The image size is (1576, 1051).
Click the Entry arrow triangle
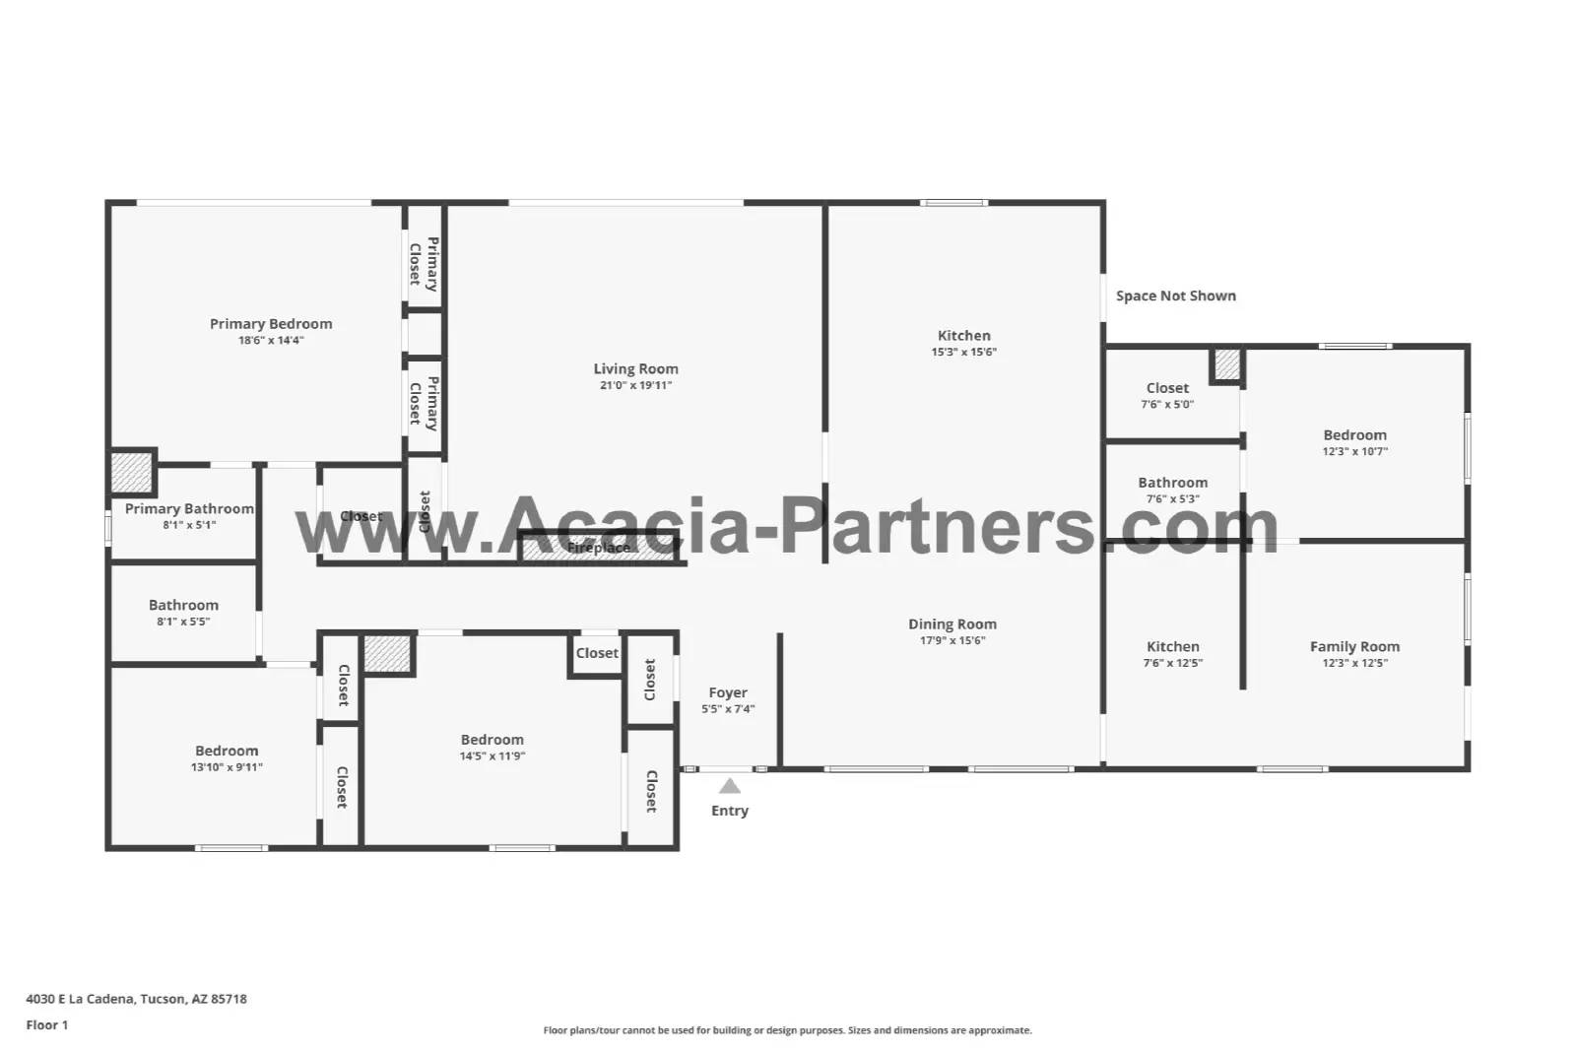coord(729,786)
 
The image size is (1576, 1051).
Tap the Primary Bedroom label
coord(271,324)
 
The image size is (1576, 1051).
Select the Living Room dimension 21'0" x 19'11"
coord(635,386)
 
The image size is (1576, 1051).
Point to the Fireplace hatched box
coord(599,548)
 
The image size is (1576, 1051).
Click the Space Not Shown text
coord(1175,296)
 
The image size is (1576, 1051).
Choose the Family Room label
coord(1354,647)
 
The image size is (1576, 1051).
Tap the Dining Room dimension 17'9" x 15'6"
coord(952,640)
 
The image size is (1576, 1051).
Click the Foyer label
coord(728,692)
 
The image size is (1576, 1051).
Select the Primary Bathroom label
coord(189,509)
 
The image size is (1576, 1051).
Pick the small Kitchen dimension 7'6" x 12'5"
coord(1172,663)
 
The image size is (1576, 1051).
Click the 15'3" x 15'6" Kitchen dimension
coord(963,352)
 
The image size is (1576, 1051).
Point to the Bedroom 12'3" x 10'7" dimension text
coord(1354,451)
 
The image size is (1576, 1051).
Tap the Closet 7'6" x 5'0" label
coord(1167,388)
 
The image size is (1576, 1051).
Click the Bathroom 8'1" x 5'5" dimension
coord(183,622)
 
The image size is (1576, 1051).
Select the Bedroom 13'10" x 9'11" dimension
coord(227,767)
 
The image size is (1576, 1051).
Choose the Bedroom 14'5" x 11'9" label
coord(492,740)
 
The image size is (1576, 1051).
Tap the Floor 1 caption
coord(47,1025)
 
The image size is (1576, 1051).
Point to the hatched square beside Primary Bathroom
coord(131,472)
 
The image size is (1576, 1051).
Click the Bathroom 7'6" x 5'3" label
coord(1172,483)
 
